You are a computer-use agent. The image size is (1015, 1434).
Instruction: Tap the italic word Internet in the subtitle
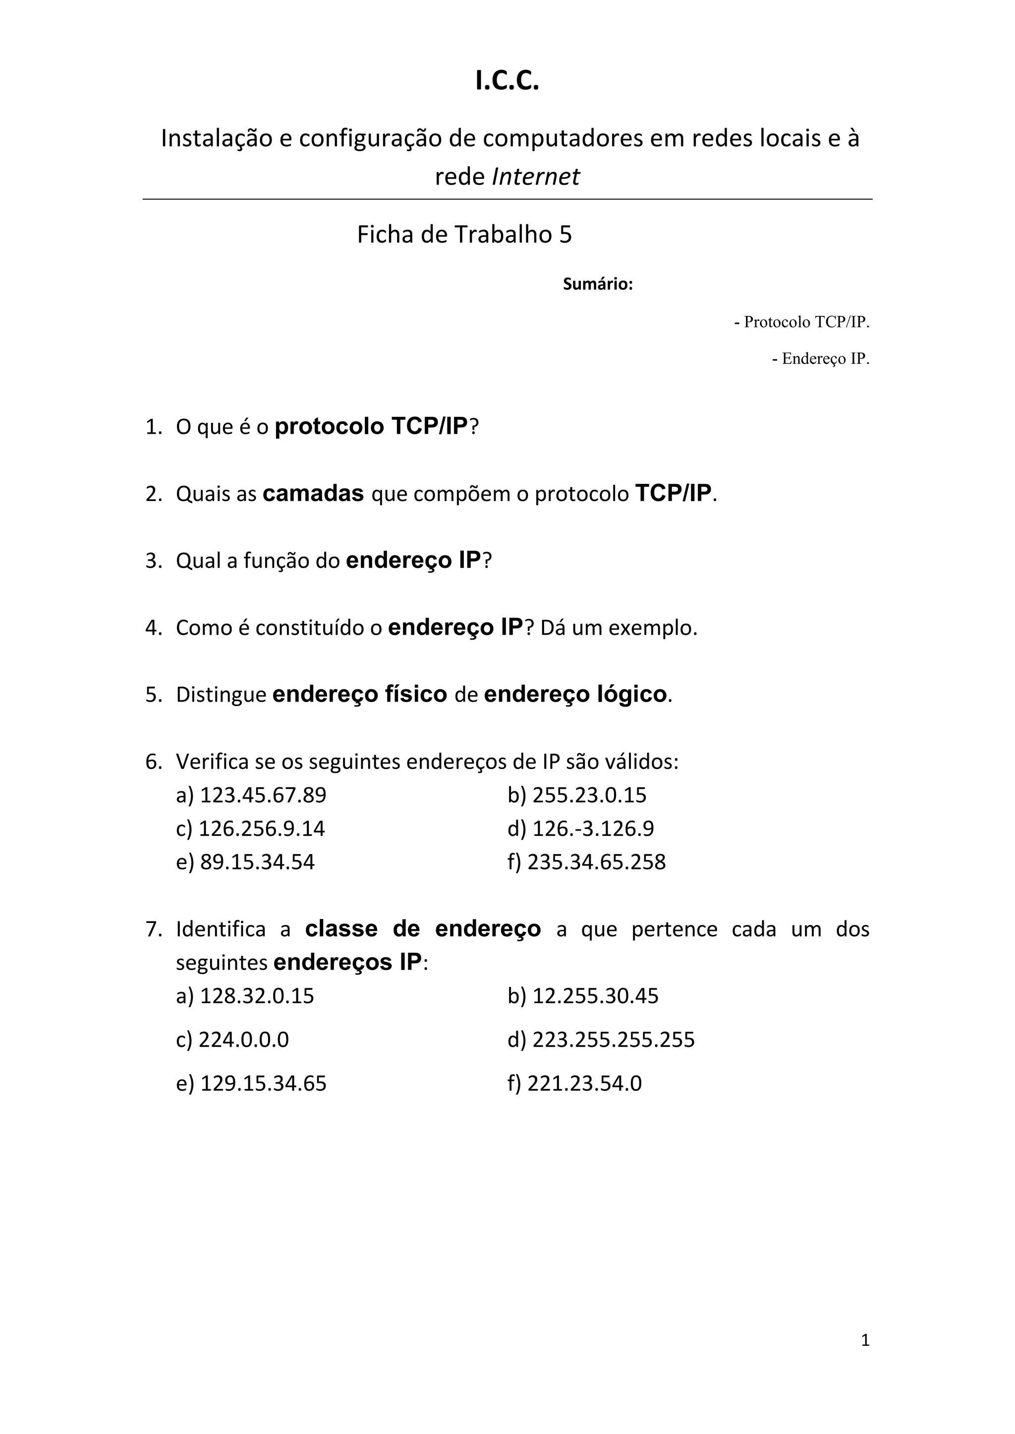click(x=536, y=177)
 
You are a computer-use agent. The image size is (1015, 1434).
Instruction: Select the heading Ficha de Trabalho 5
click(x=464, y=235)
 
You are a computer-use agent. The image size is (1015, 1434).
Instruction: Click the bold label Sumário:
click(x=598, y=284)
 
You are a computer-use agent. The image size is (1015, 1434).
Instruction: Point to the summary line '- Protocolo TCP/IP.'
click(x=801, y=322)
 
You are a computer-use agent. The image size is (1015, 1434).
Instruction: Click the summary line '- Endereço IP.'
click(x=821, y=359)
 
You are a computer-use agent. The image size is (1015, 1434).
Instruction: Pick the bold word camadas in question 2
click(x=313, y=493)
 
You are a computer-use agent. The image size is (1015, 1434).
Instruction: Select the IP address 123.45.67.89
click(x=263, y=795)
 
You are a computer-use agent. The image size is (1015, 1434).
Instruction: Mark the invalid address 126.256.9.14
click(x=261, y=829)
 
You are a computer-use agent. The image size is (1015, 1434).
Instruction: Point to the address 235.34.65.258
click(x=596, y=862)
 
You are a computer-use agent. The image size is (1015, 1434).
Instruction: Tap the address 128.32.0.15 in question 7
click(x=257, y=996)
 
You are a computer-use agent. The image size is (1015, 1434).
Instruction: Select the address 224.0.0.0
click(x=244, y=1039)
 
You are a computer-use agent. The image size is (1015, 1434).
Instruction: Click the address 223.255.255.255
click(x=613, y=1039)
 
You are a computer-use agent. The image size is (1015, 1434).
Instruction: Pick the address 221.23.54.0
click(x=584, y=1083)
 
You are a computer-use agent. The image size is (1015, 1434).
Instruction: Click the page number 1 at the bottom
click(x=865, y=1340)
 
